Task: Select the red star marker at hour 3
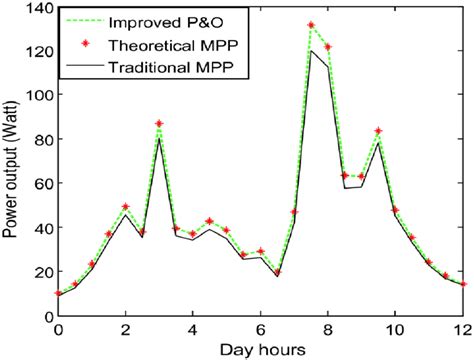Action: point(159,124)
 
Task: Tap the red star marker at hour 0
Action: point(58,293)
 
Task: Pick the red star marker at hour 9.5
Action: point(378,131)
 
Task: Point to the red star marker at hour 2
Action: point(125,207)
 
